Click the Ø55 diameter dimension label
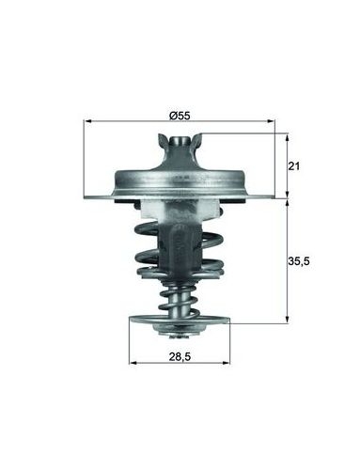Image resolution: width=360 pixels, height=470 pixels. pyautogui.click(x=180, y=116)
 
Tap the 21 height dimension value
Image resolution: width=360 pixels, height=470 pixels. pyautogui.click(x=294, y=166)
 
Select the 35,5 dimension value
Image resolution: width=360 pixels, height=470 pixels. pyautogui.click(x=299, y=260)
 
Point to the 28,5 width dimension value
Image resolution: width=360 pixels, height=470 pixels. pyautogui.click(x=180, y=356)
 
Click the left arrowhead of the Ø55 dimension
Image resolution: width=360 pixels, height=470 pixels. pyautogui.click(x=87, y=121)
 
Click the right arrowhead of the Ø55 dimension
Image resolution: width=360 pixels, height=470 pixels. pyautogui.click(x=271, y=121)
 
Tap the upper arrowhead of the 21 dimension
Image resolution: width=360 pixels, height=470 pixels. pyautogui.click(x=287, y=137)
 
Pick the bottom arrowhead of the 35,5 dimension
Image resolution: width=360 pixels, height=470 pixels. pyautogui.click(x=287, y=319)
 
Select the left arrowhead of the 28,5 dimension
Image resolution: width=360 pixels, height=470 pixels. pyautogui.click(x=133, y=363)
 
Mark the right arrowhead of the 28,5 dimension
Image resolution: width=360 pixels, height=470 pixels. pyautogui.click(x=227, y=363)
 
